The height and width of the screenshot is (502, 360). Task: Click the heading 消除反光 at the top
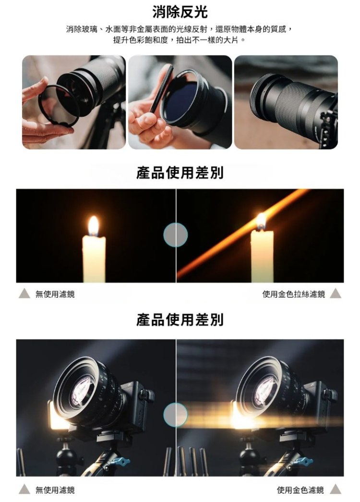point(180,12)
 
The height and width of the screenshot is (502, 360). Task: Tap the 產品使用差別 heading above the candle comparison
point(180,173)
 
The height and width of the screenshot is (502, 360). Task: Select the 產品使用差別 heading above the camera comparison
point(180,320)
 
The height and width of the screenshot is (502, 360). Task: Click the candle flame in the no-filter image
point(94,225)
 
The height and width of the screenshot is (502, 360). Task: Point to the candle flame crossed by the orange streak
point(261,220)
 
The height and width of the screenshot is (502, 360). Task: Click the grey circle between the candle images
point(175,235)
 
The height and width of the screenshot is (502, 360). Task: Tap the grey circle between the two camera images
point(175,415)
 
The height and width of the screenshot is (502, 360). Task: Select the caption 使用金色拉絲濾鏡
point(293,294)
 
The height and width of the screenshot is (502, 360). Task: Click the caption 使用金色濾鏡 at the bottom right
point(300,490)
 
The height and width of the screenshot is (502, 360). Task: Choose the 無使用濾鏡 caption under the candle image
point(55,294)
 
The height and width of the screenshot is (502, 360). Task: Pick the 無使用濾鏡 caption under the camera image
point(55,490)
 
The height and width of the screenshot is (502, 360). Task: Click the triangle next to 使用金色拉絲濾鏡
point(336,294)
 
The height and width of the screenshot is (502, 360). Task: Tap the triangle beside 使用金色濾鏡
point(336,490)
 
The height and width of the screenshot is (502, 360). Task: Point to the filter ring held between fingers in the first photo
point(58,106)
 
